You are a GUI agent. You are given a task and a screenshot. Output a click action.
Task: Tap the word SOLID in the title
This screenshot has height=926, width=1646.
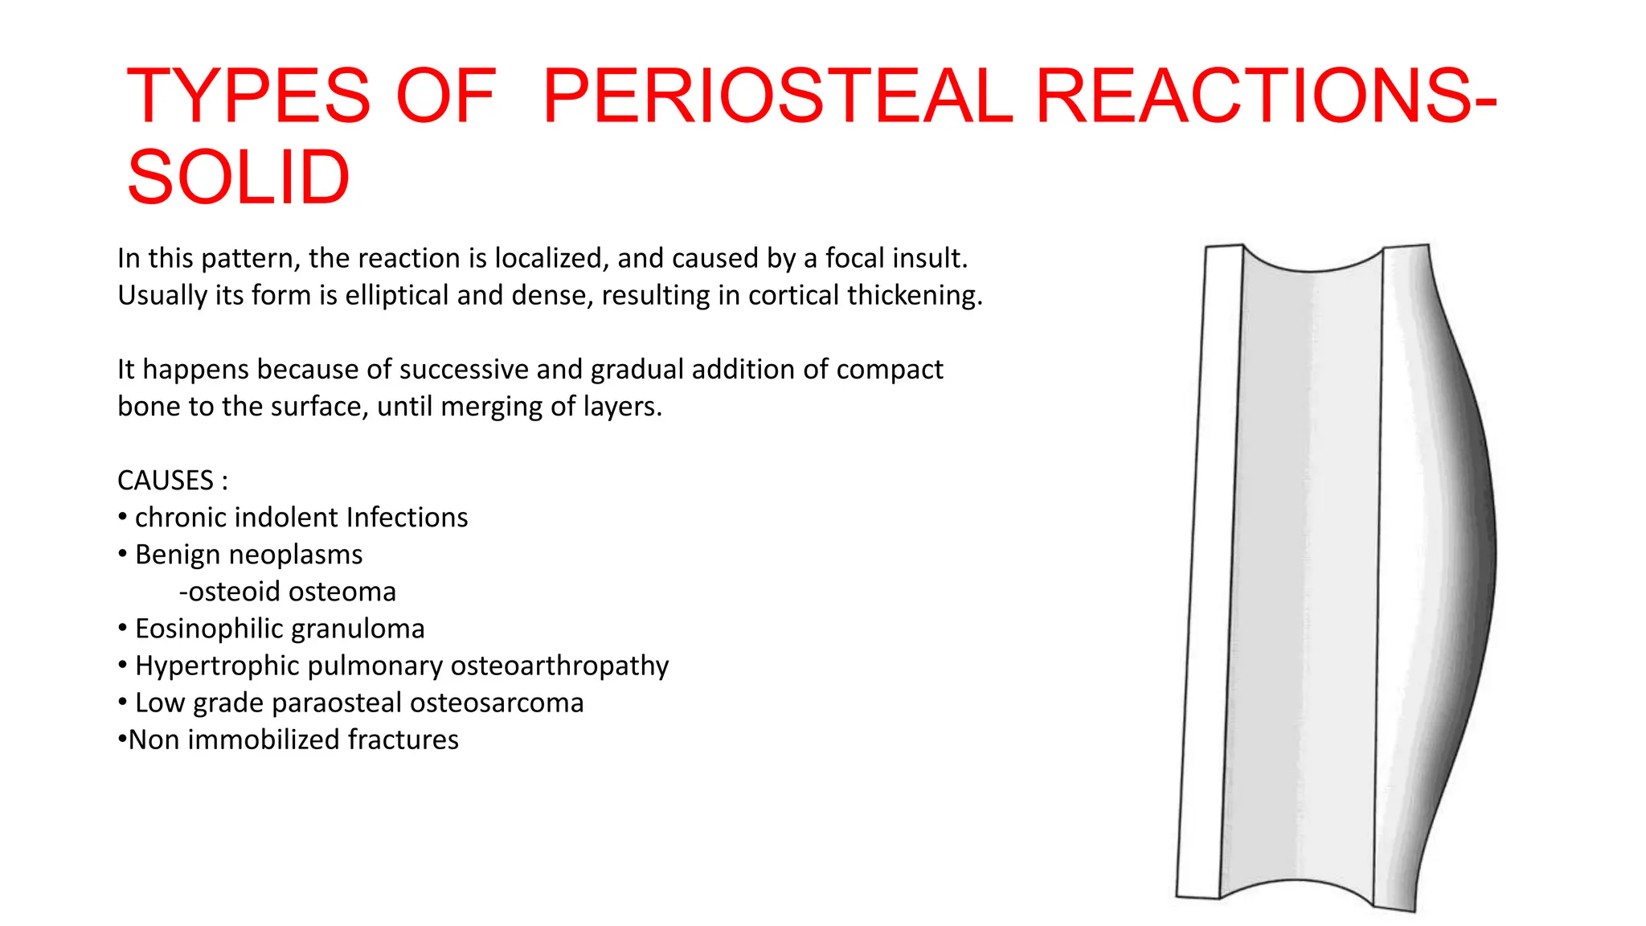click(238, 178)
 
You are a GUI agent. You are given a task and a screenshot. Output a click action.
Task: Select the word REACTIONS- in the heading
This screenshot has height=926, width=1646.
click(1266, 96)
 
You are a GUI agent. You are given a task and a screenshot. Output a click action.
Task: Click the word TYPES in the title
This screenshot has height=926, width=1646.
click(248, 96)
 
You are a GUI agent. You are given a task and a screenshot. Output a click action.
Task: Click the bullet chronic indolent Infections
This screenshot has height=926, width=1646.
click(301, 518)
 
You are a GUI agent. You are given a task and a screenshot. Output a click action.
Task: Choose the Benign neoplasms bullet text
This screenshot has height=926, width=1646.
click(248, 555)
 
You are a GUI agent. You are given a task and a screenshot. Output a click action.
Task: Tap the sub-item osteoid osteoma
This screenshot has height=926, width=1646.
click(288, 592)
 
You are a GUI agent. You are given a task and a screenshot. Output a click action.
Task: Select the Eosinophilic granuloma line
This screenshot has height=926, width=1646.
click(279, 629)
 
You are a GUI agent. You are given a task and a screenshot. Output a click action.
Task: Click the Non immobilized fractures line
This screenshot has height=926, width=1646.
click(293, 740)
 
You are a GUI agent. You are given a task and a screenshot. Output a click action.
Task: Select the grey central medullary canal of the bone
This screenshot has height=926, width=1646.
click(1302, 563)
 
